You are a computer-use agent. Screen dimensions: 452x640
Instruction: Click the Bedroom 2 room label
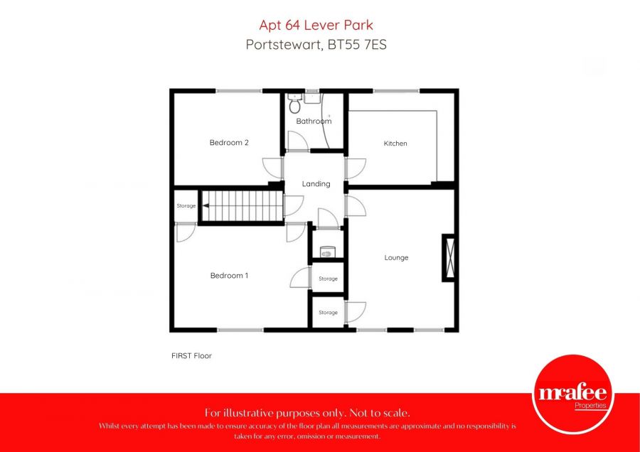pos(229,142)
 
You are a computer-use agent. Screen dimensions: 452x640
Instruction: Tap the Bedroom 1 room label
pos(229,275)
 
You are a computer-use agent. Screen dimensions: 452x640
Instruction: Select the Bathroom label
pos(314,122)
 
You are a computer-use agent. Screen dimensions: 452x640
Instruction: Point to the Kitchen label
pos(395,144)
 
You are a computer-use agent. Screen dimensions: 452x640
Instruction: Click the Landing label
pos(316,184)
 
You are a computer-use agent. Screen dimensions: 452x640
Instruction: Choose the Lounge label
pos(396,257)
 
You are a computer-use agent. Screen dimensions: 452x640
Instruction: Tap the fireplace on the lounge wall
pos(449,257)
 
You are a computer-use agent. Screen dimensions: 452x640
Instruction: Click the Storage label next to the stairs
pos(186,206)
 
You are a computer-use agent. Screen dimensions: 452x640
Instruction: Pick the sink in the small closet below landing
pos(327,251)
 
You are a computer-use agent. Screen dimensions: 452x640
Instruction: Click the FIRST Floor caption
pos(191,355)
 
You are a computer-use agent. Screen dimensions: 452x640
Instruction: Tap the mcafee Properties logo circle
pos(572,394)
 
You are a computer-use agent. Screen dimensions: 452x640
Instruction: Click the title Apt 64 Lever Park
pos(316,26)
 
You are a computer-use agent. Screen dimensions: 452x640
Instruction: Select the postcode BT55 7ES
pos(358,44)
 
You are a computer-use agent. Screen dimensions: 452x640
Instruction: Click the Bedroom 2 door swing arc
pos(271,168)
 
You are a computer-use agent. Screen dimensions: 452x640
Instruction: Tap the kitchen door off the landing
pos(356,168)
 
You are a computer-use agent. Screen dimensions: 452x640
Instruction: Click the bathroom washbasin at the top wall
pos(312,98)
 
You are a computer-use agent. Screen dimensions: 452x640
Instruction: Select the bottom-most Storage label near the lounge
pos(328,313)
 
